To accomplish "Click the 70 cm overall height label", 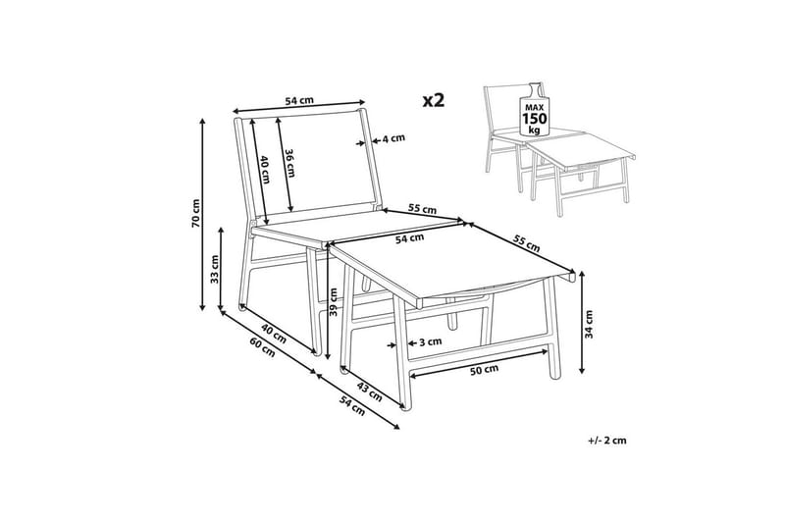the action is tap(195, 213).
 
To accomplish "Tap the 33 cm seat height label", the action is tap(215, 269).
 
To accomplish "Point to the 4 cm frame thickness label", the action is tap(393, 138).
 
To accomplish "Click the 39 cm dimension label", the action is tap(334, 302).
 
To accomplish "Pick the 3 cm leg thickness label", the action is tap(430, 341).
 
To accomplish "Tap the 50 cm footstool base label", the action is tap(485, 370).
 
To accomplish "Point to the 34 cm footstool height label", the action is tap(590, 325).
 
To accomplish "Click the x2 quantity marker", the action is tap(434, 101).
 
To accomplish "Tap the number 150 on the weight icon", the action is tap(535, 119).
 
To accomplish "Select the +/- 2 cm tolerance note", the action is tap(607, 441).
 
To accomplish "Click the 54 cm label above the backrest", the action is tap(299, 100).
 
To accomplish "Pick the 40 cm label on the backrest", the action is tap(265, 170).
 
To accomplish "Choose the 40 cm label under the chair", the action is tap(274, 334).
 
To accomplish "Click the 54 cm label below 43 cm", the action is tap(352, 405).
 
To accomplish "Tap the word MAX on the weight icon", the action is tap(535, 108).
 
